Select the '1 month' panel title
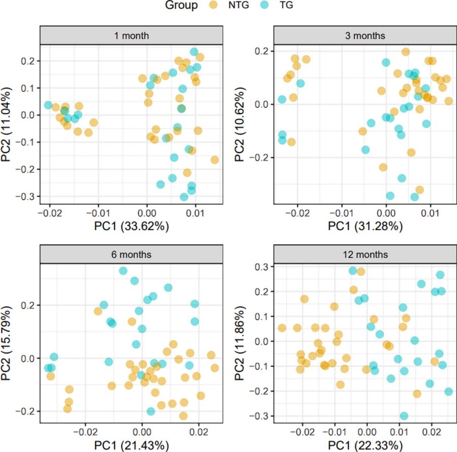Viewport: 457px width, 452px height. [x=131, y=36]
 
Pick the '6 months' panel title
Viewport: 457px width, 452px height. [x=131, y=254]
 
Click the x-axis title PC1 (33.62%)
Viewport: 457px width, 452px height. [x=131, y=226]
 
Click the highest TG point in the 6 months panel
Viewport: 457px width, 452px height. [x=122, y=271]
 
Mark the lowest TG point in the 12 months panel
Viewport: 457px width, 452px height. [x=404, y=416]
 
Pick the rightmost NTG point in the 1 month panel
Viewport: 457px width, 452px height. [x=215, y=160]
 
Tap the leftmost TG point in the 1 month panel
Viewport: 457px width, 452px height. [x=48, y=105]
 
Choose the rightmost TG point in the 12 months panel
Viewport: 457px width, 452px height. [x=448, y=391]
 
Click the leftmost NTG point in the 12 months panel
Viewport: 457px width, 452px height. [x=282, y=328]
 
